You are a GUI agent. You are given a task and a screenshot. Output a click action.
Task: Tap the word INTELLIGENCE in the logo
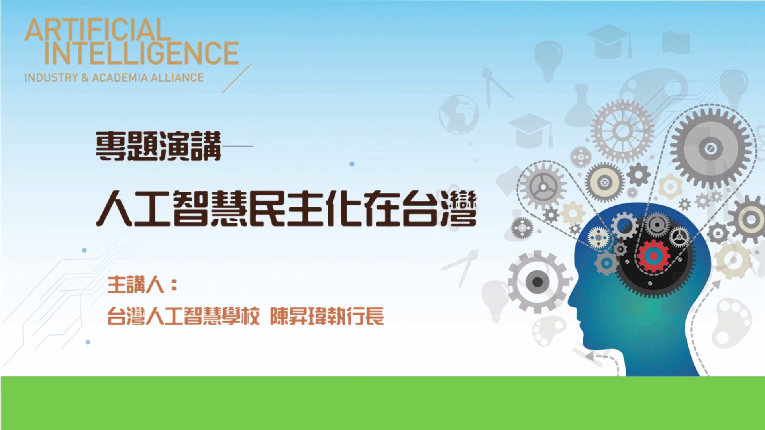click(x=141, y=53)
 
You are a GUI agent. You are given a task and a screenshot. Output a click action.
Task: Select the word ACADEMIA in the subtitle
click(x=120, y=77)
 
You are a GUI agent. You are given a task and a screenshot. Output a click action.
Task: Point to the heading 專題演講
click(x=158, y=146)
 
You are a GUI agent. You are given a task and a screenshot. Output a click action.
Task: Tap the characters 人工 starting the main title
click(x=133, y=208)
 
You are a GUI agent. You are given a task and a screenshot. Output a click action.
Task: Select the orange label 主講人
click(x=136, y=285)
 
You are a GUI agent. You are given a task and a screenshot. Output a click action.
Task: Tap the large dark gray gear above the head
click(x=710, y=149)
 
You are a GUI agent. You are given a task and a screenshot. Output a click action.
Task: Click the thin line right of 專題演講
click(x=237, y=146)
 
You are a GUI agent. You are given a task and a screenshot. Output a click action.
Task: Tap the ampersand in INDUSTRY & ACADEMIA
click(x=85, y=77)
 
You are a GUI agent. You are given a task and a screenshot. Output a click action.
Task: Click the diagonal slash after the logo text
click(x=236, y=78)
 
